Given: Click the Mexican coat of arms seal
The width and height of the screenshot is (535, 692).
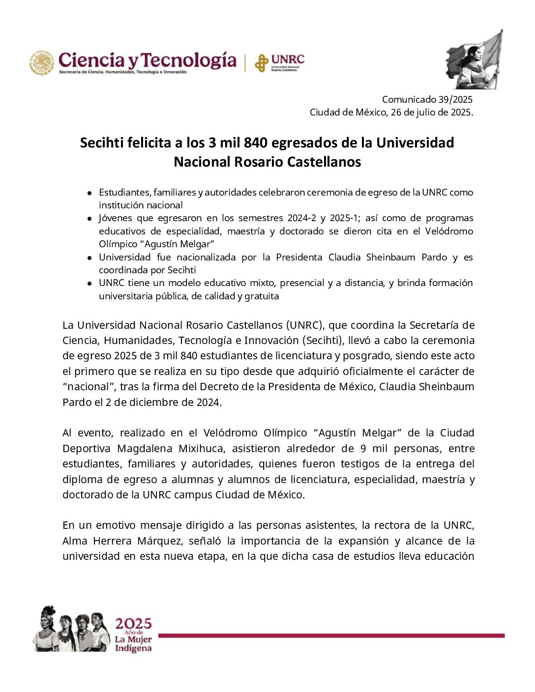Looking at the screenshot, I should (x=42, y=63).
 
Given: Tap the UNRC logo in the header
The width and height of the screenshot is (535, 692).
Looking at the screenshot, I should (x=279, y=62).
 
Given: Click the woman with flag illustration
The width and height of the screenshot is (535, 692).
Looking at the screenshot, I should (x=474, y=59).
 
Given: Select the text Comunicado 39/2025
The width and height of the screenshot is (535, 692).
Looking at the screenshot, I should (x=427, y=99).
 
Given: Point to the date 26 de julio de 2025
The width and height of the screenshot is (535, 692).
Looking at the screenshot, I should (x=431, y=112).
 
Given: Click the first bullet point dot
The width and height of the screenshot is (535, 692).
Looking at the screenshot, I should (x=89, y=193).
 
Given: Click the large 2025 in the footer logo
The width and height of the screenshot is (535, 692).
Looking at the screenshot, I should (x=133, y=624).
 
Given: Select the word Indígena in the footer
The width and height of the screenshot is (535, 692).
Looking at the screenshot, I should (x=133, y=649).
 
